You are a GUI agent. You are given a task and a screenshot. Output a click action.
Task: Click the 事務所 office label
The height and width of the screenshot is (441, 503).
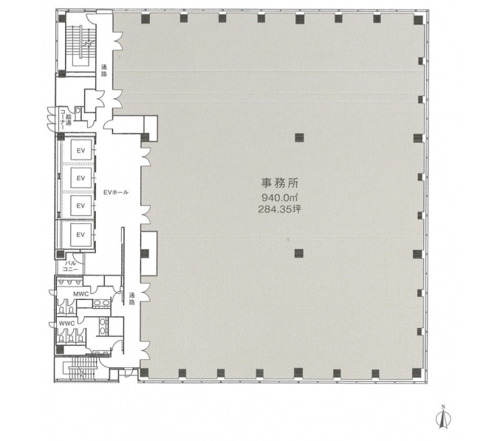coord(279,183)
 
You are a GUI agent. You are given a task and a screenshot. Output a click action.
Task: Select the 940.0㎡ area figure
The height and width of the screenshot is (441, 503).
coord(280,197)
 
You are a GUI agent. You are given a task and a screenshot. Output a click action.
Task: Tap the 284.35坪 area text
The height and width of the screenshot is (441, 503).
coord(280,210)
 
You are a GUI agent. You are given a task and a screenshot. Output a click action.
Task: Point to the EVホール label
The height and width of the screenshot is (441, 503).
coord(116,192)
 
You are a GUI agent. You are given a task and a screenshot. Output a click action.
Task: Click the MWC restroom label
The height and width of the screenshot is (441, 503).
coord(81,294)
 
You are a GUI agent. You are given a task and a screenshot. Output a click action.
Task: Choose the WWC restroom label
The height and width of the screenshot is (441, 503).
coord(67,324)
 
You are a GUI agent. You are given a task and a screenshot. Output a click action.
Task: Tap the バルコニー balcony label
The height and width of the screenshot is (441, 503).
coord(71,266)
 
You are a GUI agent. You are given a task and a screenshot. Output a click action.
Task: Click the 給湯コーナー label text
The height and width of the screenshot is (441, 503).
coord(65,119)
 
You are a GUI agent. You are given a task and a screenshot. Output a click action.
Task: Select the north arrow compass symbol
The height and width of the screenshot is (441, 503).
coord(443,417)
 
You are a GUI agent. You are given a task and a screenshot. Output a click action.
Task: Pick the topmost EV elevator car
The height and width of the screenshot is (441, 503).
coord(81,150)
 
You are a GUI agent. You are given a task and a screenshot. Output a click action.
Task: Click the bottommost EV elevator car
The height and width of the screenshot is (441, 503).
coord(81,235)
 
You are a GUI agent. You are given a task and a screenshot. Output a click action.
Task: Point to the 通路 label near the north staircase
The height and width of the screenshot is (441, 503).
coord(104,71)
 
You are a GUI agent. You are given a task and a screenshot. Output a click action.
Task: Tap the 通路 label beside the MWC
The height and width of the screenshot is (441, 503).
coord(132,298)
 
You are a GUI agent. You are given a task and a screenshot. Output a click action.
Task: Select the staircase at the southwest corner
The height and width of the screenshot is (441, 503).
coord(83,368)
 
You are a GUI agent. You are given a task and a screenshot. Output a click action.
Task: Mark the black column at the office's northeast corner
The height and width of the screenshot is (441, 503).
coord(418,20)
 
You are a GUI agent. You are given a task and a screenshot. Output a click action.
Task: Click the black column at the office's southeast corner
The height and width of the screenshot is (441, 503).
coord(417,373)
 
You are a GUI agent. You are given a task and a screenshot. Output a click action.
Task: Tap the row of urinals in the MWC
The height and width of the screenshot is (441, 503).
coord(69,282)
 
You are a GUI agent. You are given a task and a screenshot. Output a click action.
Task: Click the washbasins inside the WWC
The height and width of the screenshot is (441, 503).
coord(103,326)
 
